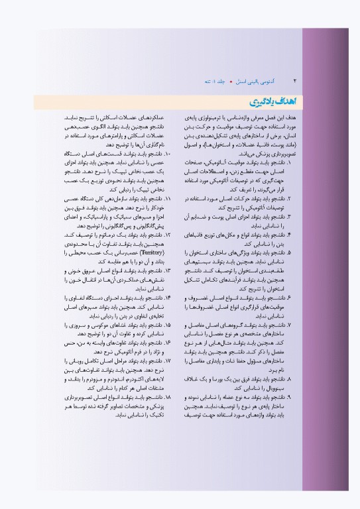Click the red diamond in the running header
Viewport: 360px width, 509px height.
(230, 80)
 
